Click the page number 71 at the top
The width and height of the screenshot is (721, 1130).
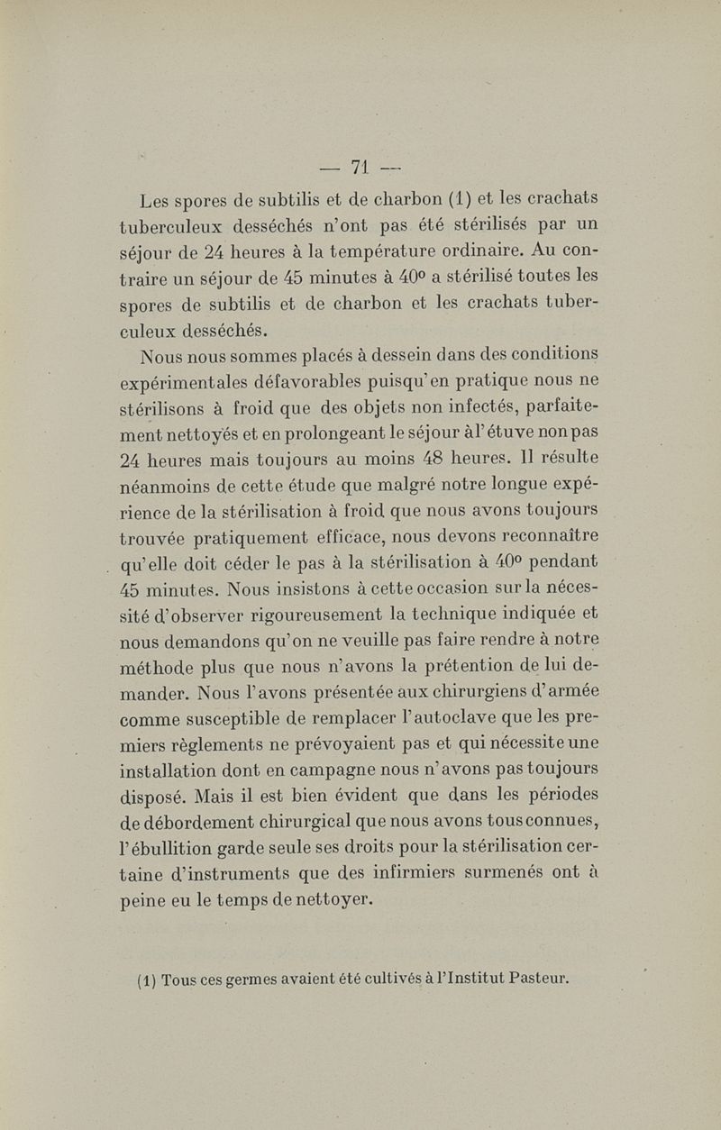click(360, 167)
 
